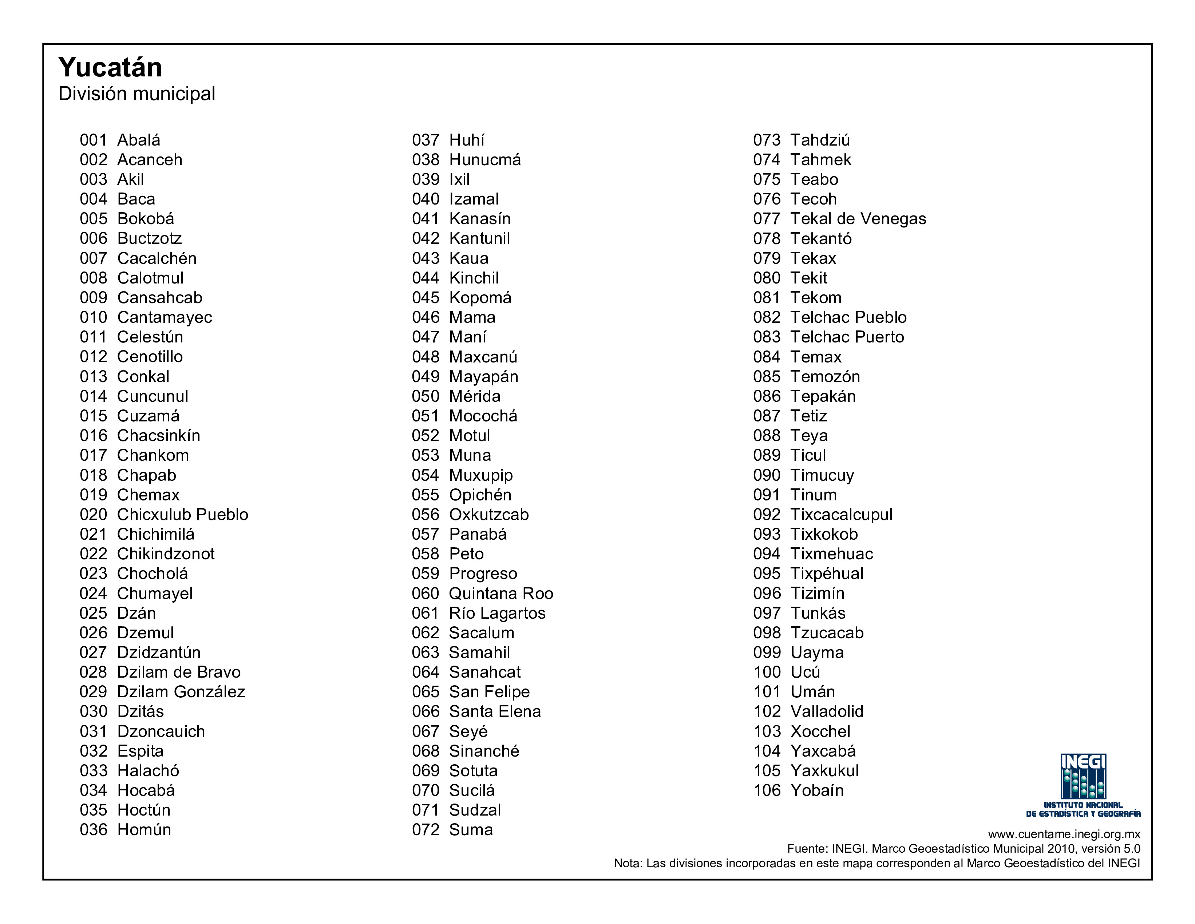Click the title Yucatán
(110, 68)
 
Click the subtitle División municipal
(137, 94)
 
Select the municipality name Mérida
(474, 396)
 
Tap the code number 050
(425, 396)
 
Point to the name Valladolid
(827, 711)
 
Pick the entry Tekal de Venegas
(858, 219)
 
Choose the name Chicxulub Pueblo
(183, 514)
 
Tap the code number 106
(767, 790)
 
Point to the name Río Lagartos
(497, 613)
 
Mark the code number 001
(94, 140)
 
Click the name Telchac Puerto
(847, 337)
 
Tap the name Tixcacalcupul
(841, 514)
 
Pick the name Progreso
(483, 573)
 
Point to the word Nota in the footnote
(627, 863)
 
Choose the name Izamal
(474, 199)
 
